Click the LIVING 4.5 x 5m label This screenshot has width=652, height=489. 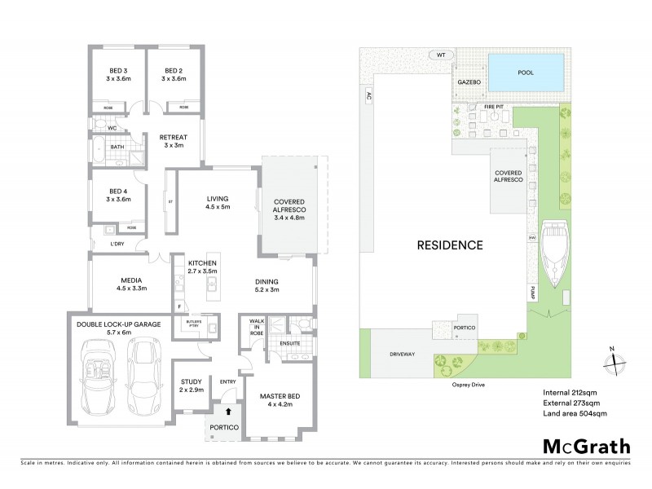point(217,202)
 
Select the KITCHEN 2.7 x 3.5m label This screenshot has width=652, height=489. point(202,268)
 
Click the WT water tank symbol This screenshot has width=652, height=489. point(440,55)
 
